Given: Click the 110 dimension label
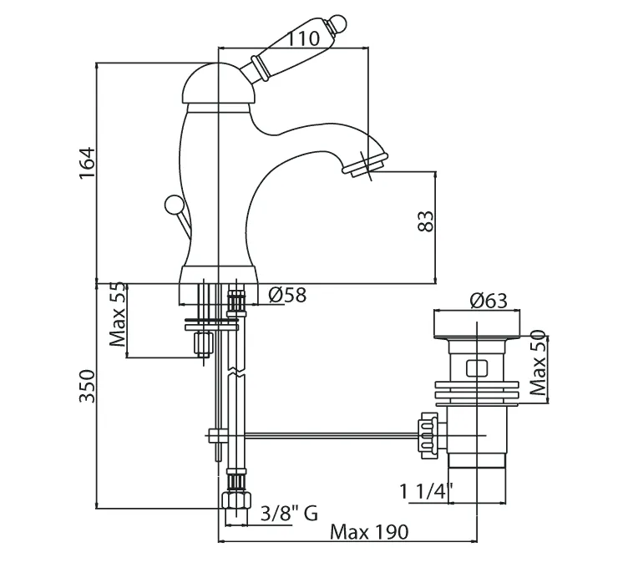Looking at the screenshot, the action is [304, 39].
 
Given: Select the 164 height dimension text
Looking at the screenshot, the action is [88, 164].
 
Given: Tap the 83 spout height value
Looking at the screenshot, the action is [426, 221].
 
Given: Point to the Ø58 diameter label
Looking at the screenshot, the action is [287, 295].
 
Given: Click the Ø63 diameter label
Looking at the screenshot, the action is [489, 301].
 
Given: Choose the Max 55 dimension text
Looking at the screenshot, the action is [118, 315].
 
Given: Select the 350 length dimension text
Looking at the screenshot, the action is [88, 386].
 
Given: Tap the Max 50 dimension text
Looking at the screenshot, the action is [538, 363].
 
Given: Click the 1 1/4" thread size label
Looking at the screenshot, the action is [426, 491].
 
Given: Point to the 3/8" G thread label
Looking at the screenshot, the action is [290, 513].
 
